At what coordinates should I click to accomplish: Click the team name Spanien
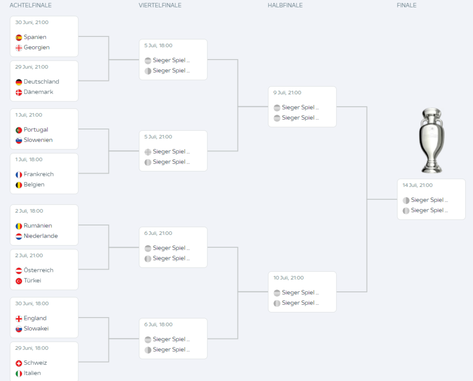(35, 37)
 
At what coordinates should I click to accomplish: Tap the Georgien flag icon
(19, 48)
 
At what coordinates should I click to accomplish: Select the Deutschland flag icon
(19, 82)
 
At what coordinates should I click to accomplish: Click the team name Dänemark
(38, 92)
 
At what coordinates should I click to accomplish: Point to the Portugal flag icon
(19, 130)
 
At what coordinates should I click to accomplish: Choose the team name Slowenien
(38, 140)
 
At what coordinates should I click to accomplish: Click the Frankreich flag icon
(19, 175)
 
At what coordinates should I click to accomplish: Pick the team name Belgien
(34, 185)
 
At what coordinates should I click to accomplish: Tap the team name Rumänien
(37, 226)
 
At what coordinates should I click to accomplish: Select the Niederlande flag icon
(19, 236)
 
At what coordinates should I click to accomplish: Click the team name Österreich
(38, 270)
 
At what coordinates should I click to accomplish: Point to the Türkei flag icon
(19, 281)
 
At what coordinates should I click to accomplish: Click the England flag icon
(19, 318)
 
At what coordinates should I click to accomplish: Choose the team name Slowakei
(36, 329)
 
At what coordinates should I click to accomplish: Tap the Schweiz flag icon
(19, 363)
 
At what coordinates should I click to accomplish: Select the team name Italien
(32, 373)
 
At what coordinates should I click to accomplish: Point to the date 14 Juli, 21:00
(417, 186)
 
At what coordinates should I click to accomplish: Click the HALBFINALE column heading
(285, 5)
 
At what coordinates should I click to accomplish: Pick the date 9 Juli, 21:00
(287, 93)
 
